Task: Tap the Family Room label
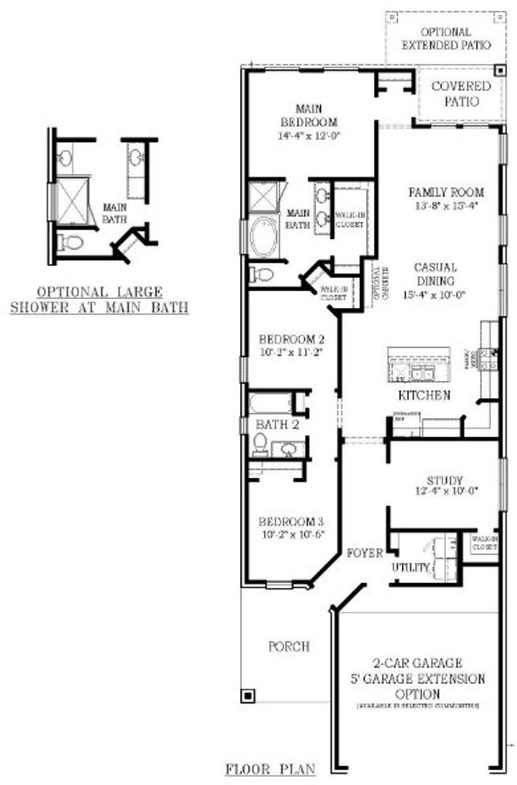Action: coord(446,192)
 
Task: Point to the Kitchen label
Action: coord(423,395)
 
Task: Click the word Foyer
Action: coord(364,554)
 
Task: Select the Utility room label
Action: coord(410,568)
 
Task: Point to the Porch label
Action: coord(288,647)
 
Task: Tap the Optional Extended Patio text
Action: coord(445,38)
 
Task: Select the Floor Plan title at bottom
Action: coord(271,769)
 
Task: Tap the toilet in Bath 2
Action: coord(260,443)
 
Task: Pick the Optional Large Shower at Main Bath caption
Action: coord(99,298)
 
